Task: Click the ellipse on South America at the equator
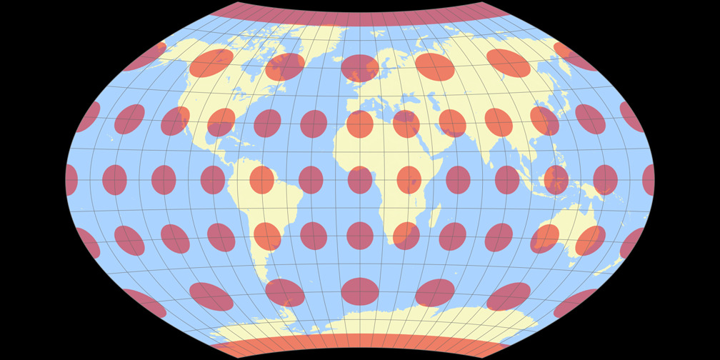click(x=261, y=179)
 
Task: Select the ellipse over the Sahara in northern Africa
click(x=360, y=124)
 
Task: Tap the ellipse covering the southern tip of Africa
click(x=406, y=236)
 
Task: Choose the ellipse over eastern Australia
click(x=591, y=240)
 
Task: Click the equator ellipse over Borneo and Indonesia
click(x=556, y=179)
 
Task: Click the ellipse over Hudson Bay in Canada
click(x=285, y=67)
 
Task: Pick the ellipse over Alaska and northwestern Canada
click(x=211, y=63)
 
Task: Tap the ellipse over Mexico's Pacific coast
click(x=175, y=121)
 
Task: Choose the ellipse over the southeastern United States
click(x=221, y=122)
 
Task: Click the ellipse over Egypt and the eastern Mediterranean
click(x=406, y=124)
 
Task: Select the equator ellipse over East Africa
click(x=409, y=179)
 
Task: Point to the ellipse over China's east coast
click(x=545, y=121)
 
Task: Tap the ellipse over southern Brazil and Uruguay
click(x=267, y=236)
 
